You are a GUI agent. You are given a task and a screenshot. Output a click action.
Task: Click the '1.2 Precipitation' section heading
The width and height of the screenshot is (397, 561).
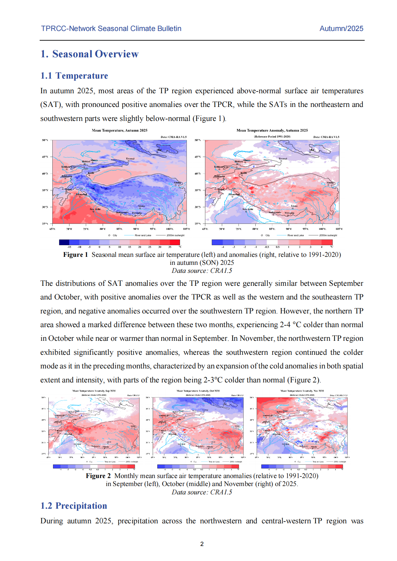click(74, 506)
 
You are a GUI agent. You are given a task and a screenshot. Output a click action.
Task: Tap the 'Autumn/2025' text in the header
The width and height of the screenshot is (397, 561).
click(341, 29)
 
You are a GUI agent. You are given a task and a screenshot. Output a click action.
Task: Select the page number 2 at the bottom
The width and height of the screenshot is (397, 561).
click(202, 544)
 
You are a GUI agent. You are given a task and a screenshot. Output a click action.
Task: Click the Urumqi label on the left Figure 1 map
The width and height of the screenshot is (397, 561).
click(130, 159)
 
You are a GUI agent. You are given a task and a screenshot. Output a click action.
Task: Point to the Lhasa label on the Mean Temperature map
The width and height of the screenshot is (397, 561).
click(142, 206)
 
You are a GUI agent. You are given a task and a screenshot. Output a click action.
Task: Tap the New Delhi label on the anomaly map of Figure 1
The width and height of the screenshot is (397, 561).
click(248, 209)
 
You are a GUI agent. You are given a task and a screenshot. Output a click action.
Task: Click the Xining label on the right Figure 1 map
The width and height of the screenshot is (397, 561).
click(330, 183)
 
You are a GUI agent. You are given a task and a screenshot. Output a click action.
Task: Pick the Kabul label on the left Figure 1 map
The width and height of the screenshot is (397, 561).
click(68, 189)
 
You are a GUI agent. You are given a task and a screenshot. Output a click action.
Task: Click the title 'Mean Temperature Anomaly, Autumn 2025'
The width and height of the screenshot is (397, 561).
click(272, 130)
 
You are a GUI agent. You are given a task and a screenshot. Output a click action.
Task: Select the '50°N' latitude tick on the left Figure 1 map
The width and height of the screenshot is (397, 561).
click(45, 140)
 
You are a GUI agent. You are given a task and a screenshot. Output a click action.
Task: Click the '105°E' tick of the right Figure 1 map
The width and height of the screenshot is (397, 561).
click(339, 229)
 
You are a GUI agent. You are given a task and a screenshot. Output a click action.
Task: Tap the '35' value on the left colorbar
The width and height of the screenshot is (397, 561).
click(170, 247)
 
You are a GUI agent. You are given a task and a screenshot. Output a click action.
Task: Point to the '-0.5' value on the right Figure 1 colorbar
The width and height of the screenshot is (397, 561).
click(267, 247)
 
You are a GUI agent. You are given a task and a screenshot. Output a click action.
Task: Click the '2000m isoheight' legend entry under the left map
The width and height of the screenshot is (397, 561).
click(175, 235)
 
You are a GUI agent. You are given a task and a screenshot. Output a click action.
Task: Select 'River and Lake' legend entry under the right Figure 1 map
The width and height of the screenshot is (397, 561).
click(295, 235)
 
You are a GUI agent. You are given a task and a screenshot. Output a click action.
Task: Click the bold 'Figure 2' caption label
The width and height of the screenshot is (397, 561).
click(98, 476)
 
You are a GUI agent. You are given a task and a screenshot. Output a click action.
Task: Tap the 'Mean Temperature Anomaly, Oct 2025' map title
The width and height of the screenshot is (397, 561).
click(198, 391)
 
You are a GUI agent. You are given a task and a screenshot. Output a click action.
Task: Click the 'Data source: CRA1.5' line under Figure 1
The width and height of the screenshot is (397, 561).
click(202, 271)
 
